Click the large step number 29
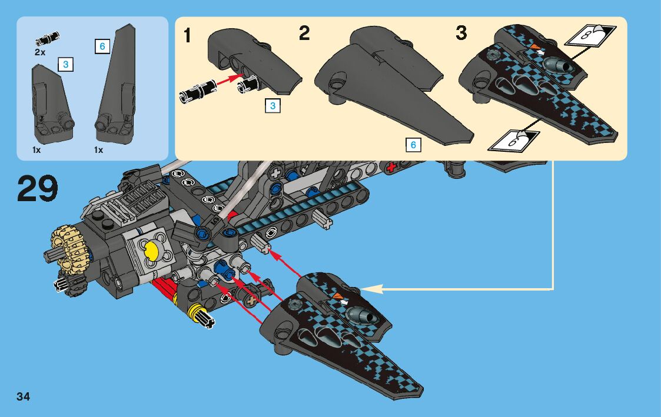[x=38, y=189]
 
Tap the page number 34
[x=24, y=396]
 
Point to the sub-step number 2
[x=304, y=34]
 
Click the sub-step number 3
[x=461, y=34]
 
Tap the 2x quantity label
[x=40, y=52]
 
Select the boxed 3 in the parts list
[x=65, y=64]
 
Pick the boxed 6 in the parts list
[x=102, y=46]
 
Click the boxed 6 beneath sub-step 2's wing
[x=413, y=145]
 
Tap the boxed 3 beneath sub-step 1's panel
[x=272, y=106]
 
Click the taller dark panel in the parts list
[x=115, y=88]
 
